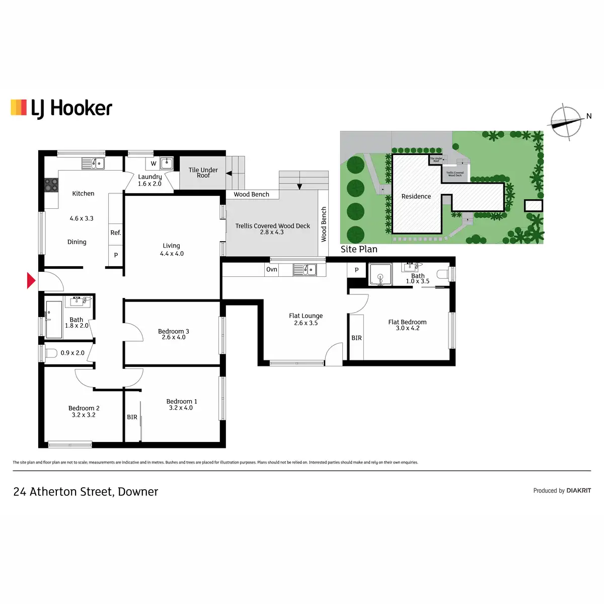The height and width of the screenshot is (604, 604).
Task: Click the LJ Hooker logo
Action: point(61,108)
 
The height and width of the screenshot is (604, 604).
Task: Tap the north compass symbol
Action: point(566,122)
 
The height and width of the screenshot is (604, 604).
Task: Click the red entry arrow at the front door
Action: point(31,281)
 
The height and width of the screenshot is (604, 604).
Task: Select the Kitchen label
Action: point(83,193)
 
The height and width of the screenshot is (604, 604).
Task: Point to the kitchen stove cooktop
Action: point(51,185)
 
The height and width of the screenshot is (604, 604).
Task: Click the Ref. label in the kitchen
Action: point(116,233)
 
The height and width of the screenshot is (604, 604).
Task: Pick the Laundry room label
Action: point(150,177)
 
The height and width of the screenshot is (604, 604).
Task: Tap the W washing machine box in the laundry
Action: point(154,164)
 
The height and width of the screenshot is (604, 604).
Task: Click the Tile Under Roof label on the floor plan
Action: point(203,173)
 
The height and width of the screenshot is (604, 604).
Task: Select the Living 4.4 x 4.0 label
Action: point(172,250)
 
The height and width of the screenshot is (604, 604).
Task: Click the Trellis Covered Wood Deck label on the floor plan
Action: point(272,226)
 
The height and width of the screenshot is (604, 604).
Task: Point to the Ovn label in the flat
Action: point(272,269)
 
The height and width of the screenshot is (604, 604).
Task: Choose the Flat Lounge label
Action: point(306,316)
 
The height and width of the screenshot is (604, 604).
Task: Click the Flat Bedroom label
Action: point(407,322)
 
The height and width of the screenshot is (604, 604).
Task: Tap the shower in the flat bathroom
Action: point(381,275)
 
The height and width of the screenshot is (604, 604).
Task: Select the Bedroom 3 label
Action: point(173,331)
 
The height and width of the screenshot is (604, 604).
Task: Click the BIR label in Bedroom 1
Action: point(132,417)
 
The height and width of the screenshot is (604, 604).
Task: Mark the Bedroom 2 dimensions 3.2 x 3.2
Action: point(84,415)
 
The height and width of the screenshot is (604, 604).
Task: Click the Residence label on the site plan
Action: point(416,196)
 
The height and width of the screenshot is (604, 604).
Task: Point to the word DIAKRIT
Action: point(579,490)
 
